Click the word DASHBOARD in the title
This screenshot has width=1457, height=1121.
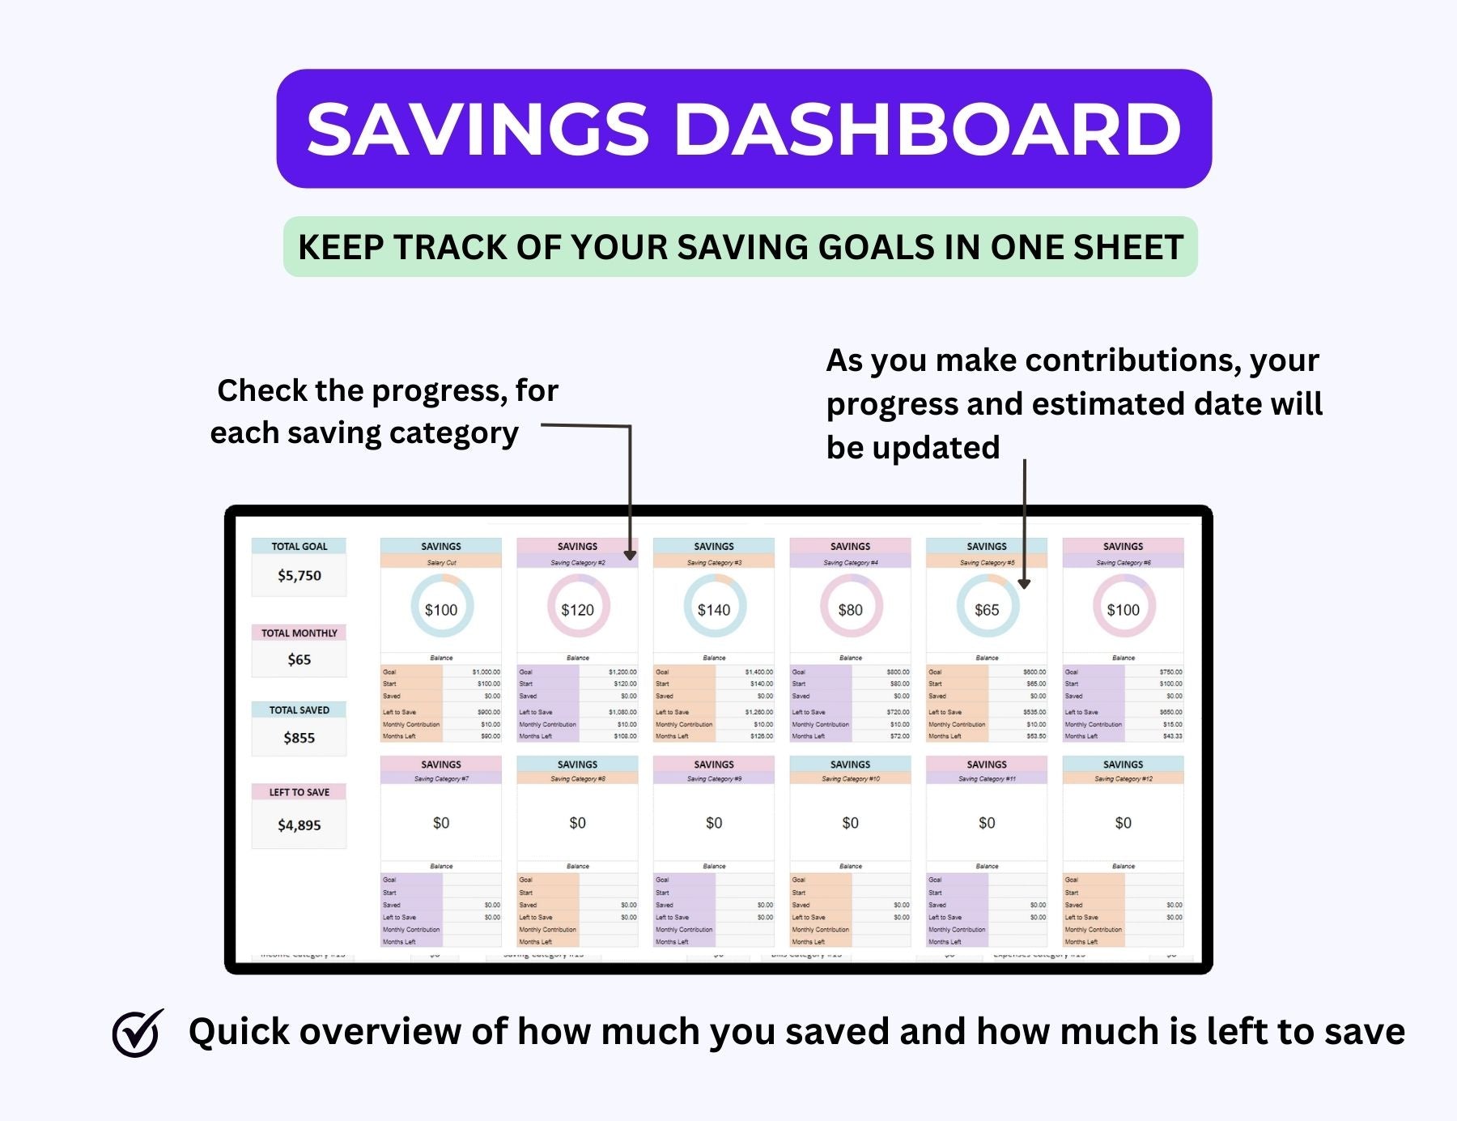(x=928, y=130)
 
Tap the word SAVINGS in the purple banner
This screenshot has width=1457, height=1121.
(x=478, y=130)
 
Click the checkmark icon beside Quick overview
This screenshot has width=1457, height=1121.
(x=138, y=1033)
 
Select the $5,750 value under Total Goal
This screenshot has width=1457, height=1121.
(x=299, y=576)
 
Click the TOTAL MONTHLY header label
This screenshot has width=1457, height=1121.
(x=299, y=633)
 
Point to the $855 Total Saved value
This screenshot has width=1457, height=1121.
(x=299, y=738)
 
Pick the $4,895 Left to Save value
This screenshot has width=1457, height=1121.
(x=299, y=825)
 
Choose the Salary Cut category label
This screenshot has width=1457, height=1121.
(x=441, y=562)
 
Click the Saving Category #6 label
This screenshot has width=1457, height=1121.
(x=1123, y=562)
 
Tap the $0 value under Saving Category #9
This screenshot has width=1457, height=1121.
(x=714, y=823)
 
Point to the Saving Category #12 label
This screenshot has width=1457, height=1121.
(x=1123, y=779)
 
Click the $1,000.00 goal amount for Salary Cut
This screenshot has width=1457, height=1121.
(x=486, y=671)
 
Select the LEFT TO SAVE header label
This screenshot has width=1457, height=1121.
(x=299, y=792)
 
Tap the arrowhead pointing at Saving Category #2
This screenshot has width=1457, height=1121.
(x=631, y=556)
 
